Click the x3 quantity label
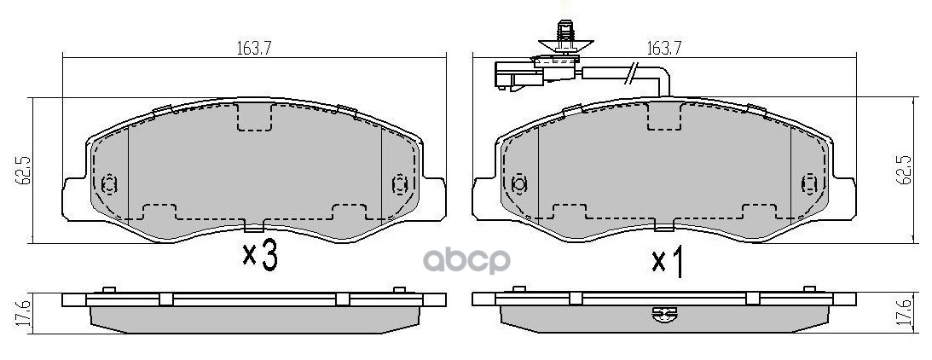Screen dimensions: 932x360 [260, 256]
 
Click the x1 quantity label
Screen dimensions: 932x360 [666, 263]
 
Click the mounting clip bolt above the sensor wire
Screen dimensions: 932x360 [564, 37]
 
